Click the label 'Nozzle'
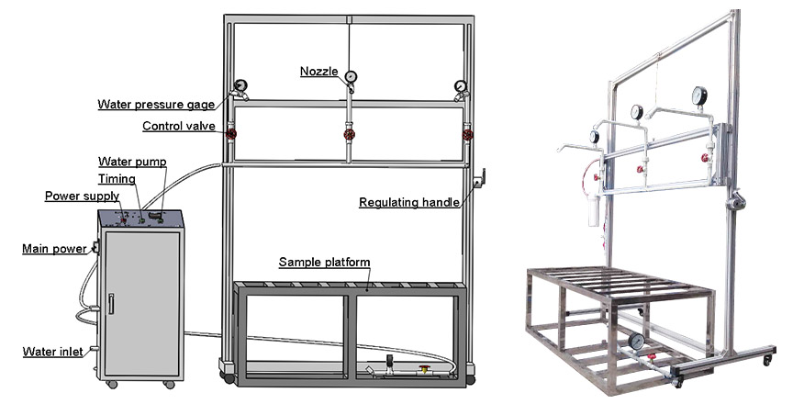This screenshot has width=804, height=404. point(318,72)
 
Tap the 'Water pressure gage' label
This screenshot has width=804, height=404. point(156,105)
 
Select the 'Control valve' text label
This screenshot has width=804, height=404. point(179,126)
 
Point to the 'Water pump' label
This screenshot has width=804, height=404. point(132,162)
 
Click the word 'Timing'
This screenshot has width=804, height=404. point(117,179)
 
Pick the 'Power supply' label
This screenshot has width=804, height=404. point(82,196)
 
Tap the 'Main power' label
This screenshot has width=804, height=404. point(54,249)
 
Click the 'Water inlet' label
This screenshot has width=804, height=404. point(53,353)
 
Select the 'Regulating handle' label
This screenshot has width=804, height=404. point(409,203)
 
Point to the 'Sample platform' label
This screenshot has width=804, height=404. point(324,263)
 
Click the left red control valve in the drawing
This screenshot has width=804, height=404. point(231,134)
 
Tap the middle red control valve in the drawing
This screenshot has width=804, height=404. point(349,135)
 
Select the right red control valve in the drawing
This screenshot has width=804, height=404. point(467,135)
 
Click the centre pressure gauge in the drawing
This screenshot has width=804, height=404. point(351,77)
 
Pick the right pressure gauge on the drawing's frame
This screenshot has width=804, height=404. point(461,85)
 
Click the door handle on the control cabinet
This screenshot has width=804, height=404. point(111,304)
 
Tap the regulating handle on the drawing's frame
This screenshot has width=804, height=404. point(479,179)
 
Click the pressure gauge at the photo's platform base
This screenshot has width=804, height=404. point(636,341)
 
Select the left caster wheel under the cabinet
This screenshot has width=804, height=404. point(112,384)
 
